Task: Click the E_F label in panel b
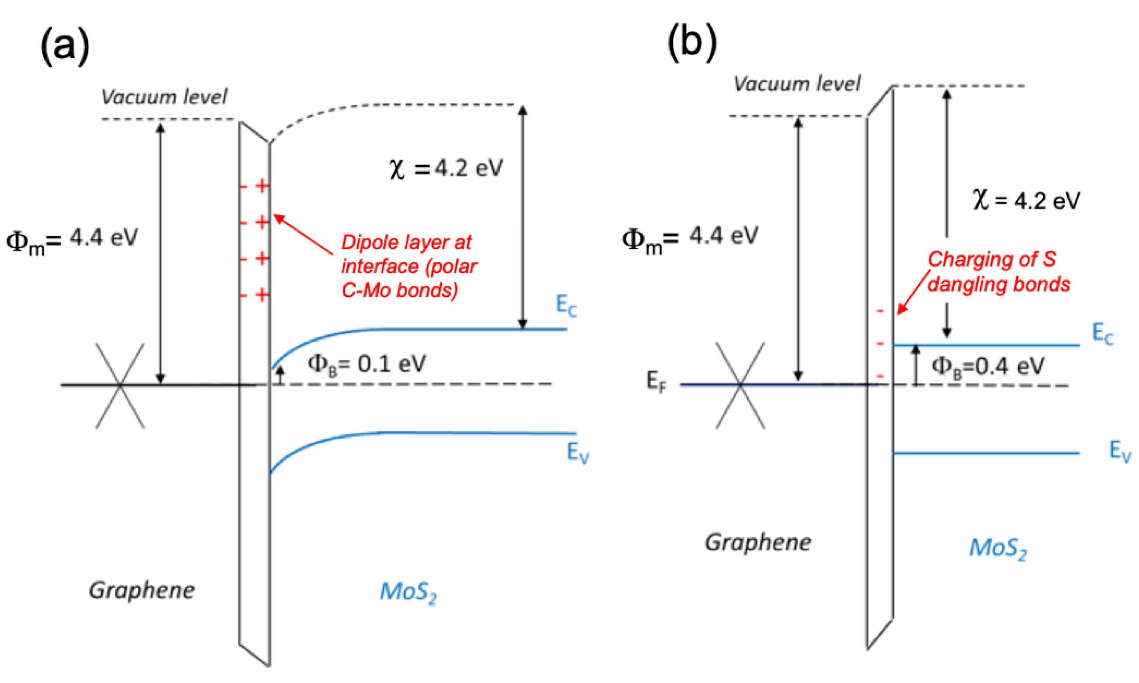point(656,382)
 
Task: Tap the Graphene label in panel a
point(142,590)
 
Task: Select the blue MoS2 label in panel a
point(407,592)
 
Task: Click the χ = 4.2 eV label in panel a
point(446,168)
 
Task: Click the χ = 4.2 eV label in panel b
point(1026,201)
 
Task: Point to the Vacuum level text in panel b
point(796,84)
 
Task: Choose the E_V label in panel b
point(1119,451)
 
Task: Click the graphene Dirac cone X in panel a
point(120,385)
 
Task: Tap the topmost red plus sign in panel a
point(262,186)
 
